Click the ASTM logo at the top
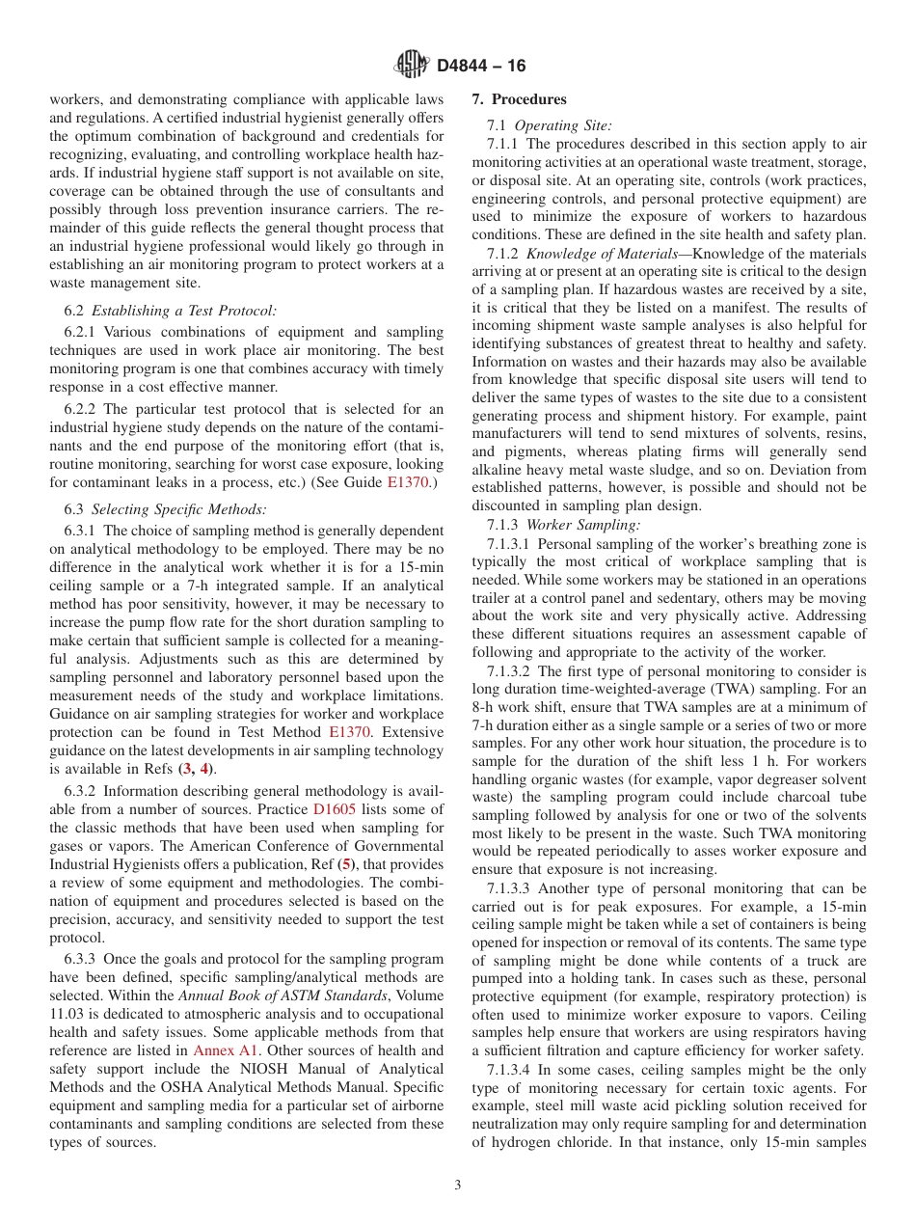(x=412, y=66)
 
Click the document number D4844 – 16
(x=481, y=67)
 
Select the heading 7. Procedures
(x=519, y=99)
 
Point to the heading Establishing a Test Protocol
(x=183, y=310)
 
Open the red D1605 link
(x=336, y=808)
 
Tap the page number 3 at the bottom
(x=458, y=1185)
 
